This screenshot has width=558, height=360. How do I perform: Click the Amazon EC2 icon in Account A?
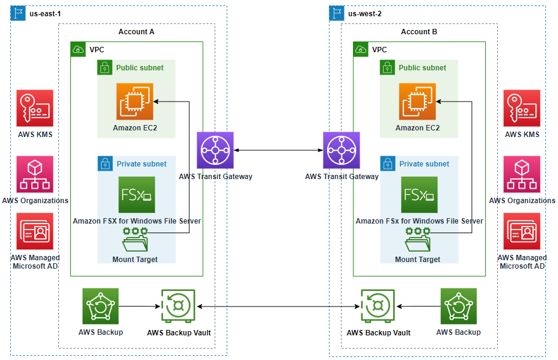135,102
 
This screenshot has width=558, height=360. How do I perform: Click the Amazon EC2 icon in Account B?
417,102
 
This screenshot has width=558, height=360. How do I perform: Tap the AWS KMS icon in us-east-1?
35,108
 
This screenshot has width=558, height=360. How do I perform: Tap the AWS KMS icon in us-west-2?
522,108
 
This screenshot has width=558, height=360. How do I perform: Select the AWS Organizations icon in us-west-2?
522,174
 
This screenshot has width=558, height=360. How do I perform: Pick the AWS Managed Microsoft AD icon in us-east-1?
35,231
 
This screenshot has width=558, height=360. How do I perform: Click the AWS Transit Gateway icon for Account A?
215,150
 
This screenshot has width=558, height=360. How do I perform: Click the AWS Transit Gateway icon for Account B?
342,150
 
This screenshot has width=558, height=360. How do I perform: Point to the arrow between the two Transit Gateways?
278,150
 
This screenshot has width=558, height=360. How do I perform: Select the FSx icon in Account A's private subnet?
136,195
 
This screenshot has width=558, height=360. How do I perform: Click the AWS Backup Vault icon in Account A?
178,307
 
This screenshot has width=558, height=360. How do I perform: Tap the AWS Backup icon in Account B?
458,307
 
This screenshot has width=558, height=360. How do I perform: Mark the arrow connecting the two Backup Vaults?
278,307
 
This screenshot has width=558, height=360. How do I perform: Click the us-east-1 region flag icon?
17,13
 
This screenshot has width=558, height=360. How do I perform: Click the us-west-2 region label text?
365,14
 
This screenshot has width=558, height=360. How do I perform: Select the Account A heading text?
136,32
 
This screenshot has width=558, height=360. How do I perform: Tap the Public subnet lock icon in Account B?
388,68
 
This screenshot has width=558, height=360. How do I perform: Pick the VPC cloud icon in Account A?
78,50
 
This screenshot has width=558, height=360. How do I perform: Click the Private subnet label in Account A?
141,163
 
